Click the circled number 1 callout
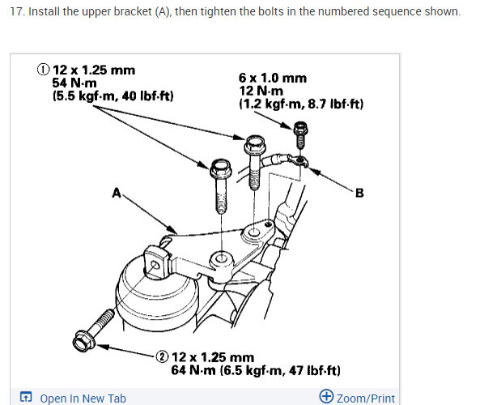[x=43, y=70]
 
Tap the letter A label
[x=117, y=193]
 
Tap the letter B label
[x=359, y=193]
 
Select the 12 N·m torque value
[x=260, y=91]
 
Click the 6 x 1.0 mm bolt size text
[x=272, y=78]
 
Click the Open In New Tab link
[x=83, y=398]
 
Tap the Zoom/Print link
[x=365, y=398]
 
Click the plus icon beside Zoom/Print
[x=326, y=397]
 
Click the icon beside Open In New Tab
[x=26, y=398]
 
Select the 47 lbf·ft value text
[x=312, y=370]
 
